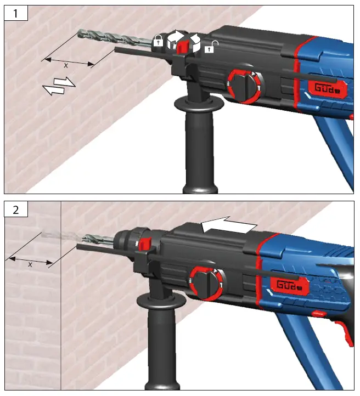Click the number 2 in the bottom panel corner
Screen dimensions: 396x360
tap(15, 209)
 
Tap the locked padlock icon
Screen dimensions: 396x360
tap(158, 41)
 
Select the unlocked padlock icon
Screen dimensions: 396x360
tap(209, 48)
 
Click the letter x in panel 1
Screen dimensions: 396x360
tap(66, 65)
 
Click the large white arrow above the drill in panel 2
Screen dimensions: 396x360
tap(228, 225)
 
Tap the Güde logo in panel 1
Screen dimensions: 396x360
tap(326, 88)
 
